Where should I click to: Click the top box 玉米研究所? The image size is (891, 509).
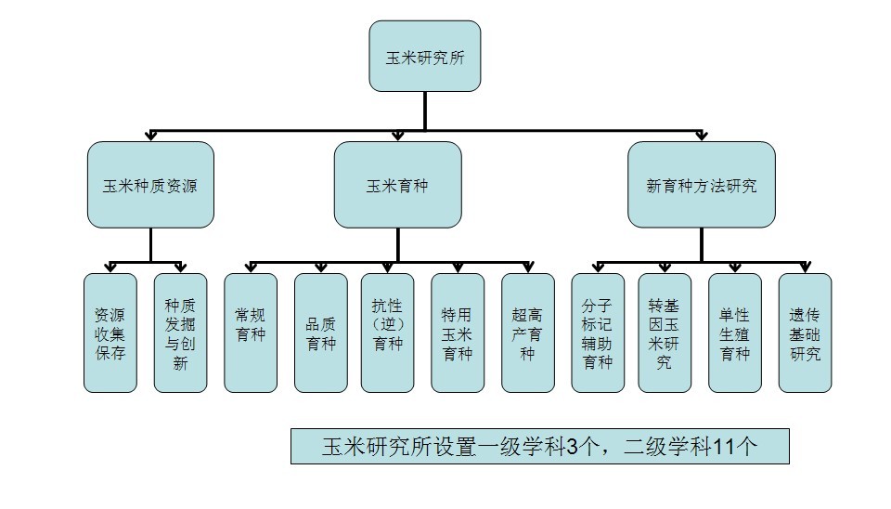(425, 57)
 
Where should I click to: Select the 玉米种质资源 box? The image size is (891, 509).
(150, 185)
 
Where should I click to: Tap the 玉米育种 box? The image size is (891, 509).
(398, 185)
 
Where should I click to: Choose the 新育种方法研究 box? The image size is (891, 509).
(702, 185)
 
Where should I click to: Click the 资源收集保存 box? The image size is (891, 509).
(110, 333)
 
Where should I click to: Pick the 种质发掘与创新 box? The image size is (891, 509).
(181, 333)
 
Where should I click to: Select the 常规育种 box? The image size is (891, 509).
(251, 333)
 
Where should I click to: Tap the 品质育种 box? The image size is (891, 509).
(321, 333)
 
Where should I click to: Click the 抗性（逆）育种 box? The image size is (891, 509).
(388, 333)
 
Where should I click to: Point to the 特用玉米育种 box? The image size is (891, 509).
(458, 333)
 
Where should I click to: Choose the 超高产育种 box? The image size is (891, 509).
(528, 333)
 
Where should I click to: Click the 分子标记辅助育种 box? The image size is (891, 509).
(598, 333)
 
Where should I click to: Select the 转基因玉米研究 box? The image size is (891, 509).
(665, 333)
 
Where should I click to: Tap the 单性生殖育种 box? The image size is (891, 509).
(735, 333)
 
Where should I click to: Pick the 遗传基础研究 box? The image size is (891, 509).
(806, 333)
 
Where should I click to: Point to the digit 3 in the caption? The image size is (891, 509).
(573, 447)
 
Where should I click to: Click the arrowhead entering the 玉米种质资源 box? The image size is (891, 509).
(150, 136)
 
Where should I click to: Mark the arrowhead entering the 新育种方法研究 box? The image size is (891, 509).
(702, 136)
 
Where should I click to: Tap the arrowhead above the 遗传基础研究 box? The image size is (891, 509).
(806, 268)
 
